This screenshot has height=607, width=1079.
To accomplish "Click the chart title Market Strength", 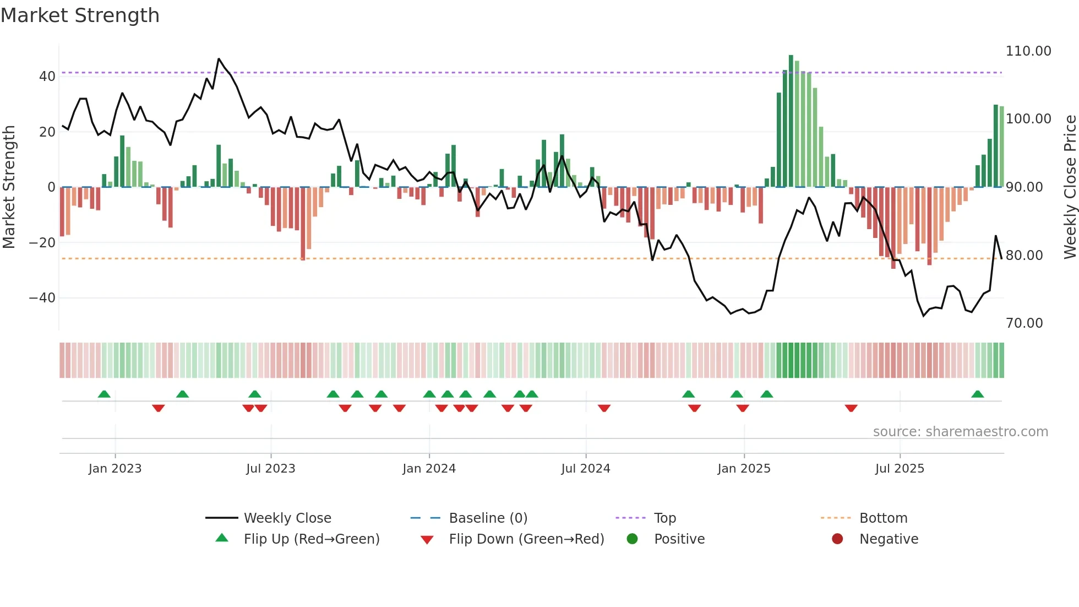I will tap(80, 15).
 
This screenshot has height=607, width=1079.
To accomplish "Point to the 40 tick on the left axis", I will tap(47, 77).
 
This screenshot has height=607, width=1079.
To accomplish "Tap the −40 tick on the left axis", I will tap(42, 298).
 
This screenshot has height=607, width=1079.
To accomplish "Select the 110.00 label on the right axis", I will tap(1028, 51).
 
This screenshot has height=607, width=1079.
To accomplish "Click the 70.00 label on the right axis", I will tap(1024, 323).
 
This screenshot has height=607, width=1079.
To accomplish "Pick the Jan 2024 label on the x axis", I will tap(429, 469).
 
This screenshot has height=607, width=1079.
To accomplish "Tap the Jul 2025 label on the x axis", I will tap(900, 469).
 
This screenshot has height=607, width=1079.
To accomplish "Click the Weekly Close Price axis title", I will tap(1070, 187).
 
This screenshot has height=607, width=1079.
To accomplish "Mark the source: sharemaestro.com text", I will tap(960, 432).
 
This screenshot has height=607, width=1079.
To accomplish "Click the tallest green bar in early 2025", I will tap(791, 121).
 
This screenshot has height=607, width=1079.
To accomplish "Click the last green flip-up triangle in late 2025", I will tap(978, 394).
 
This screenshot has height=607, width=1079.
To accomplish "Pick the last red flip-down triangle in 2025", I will tap(851, 408).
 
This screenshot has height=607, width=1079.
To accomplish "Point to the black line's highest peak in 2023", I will tap(219, 58).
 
